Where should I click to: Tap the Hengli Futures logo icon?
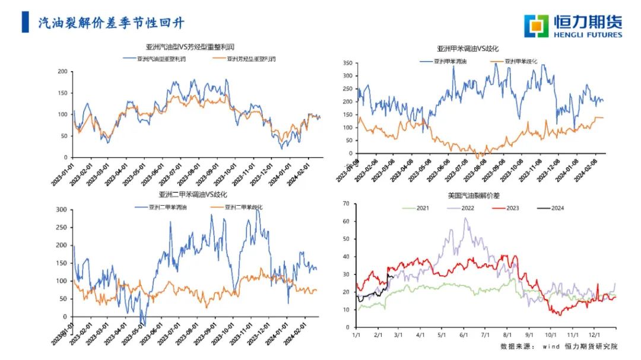(x=536, y=26)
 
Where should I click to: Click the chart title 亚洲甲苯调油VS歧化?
(x=471, y=49)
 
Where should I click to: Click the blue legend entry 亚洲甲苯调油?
(x=450, y=61)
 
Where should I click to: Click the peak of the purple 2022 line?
(x=465, y=218)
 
